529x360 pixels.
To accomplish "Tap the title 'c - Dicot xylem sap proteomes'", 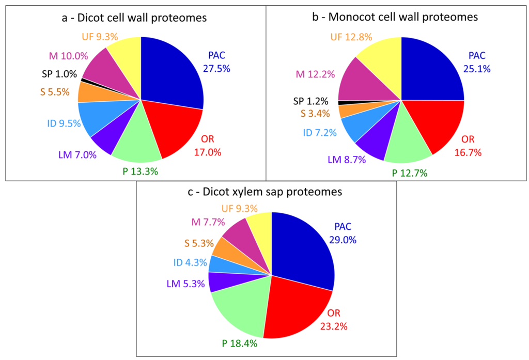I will coord(266,193).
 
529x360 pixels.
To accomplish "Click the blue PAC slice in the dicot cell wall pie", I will coord(170,72).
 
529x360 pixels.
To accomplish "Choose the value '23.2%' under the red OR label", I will coord(334,326).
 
